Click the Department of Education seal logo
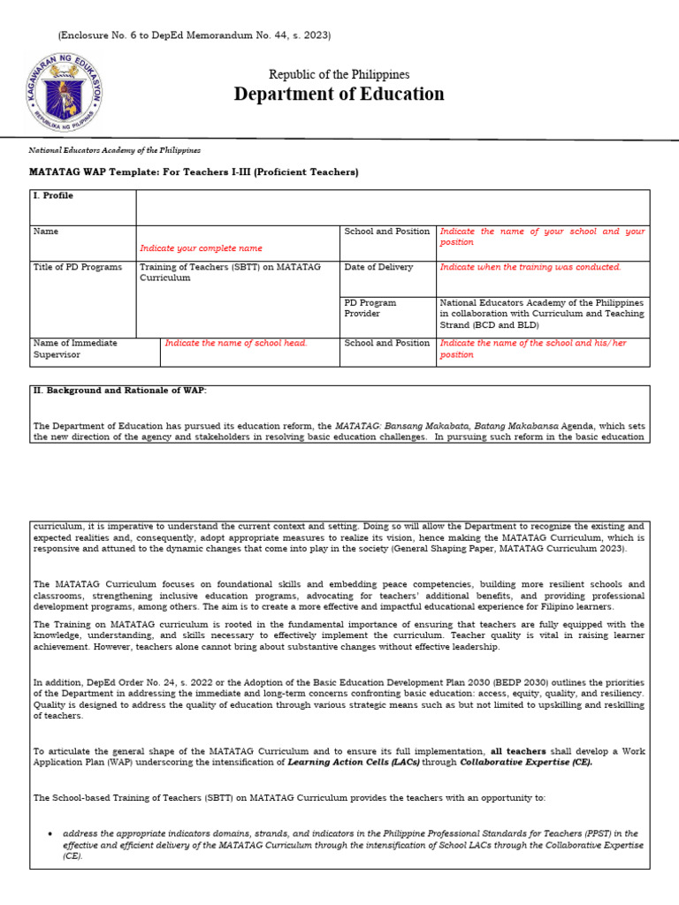[64, 92]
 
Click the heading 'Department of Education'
[339, 95]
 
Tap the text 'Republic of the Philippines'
[339, 75]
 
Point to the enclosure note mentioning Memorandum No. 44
[195, 35]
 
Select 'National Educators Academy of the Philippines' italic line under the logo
[115, 151]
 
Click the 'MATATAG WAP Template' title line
[195, 171]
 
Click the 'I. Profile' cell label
[53, 196]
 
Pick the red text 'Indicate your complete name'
[201, 248]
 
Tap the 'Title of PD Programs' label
[78, 267]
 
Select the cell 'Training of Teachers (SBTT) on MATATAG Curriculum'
[230, 272]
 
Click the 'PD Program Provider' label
[370, 308]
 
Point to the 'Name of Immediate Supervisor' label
[75, 348]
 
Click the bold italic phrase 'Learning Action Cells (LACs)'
[353, 762]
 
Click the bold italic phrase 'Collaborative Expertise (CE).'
[526, 762]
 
